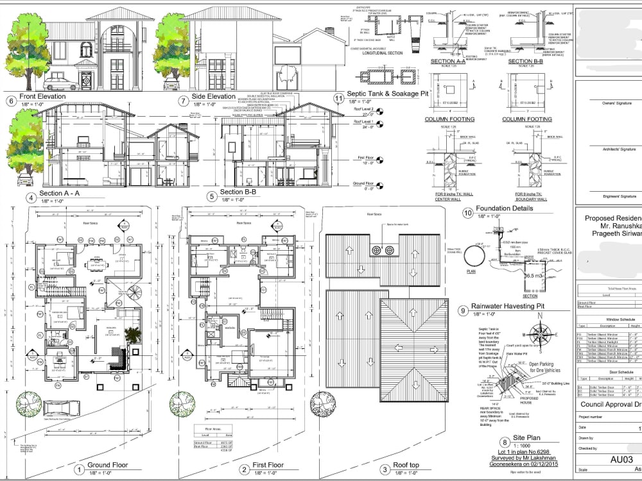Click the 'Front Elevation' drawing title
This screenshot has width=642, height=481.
click(43, 97)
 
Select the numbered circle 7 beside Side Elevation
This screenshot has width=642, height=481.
click(183, 101)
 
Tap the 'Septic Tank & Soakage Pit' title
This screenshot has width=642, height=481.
click(387, 94)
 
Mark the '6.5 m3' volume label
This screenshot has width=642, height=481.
click(534, 275)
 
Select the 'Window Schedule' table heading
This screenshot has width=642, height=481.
click(620, 319)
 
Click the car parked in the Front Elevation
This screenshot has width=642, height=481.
click(59, 83)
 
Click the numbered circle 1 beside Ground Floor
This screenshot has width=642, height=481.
click(79, 469)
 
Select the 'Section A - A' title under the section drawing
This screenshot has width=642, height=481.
click(59, 192)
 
